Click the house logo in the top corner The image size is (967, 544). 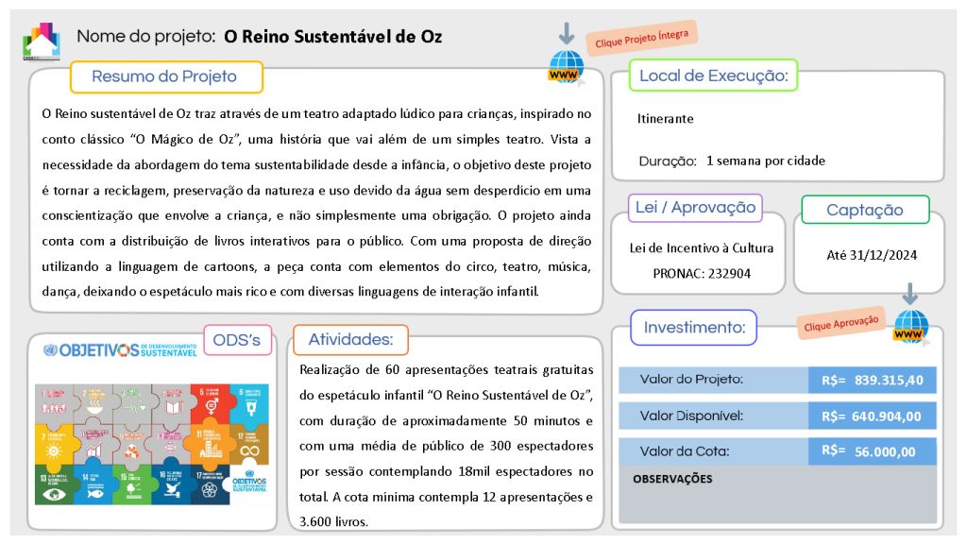(x=41, y=40)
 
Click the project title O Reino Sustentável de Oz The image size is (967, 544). (x=332, y=37)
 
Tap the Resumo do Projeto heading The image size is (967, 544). (x=164, y=76)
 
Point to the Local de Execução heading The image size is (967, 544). (x=713, y=76)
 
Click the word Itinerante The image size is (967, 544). (x=665, y=119)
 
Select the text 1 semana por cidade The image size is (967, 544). (x=766, y=161)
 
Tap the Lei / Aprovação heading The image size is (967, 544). (x=695, y=208)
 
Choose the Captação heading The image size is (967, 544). (x=864, y=210)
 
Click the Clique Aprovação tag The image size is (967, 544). (x=841, y=322)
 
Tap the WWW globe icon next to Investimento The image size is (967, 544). (x=911, y=326)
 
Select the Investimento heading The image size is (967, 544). (x=694, y=328)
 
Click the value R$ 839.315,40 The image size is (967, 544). (x=872, y=380)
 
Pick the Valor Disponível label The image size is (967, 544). (x=691, y=416)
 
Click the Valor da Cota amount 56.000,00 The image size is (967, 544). (x=885, y=451)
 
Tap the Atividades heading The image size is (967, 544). (x=350, y=339)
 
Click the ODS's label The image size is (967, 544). (x=238, y=340)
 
